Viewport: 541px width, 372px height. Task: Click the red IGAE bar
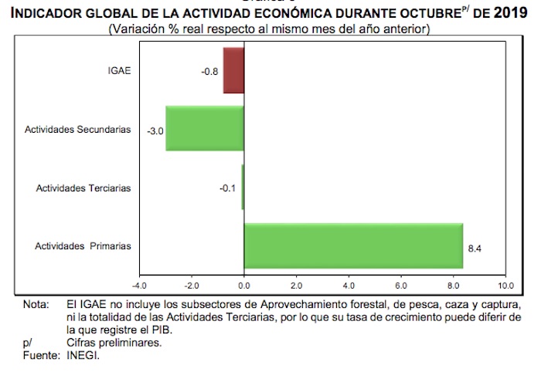[x=233, y=71]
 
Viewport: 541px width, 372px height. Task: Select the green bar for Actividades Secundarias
[x=205, y=129]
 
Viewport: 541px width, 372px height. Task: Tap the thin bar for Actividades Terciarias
[x=243, y=188]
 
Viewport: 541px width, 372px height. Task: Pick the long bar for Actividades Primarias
[x=353, y=246]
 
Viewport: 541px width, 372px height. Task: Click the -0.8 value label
[x=209, y=72]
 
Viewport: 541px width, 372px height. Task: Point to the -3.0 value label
[x=155, y=130]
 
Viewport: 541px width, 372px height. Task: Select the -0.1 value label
[x=230, y=188]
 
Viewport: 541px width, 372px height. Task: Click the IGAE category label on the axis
[x=119, y=71]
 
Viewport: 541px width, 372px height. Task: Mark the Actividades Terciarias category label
[x=83, y=188]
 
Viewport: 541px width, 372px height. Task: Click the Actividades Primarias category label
[x=83, y=246]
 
